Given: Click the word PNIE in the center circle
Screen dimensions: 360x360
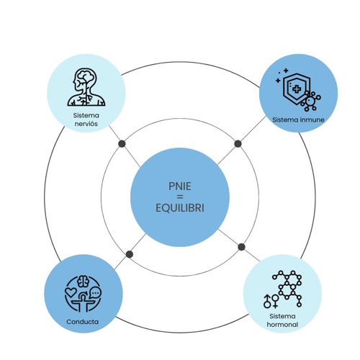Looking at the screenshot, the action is click(180, 186).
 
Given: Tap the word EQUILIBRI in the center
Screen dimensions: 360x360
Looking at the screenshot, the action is click(180, 208).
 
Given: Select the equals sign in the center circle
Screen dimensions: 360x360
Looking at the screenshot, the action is click(180, 197).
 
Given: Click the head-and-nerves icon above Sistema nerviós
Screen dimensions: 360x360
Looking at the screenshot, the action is click(86, 87).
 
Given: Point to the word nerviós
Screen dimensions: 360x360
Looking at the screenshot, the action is click(86, 124).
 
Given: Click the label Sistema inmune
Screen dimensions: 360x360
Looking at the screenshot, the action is click(298, 120).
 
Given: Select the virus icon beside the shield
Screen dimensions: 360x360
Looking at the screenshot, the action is click(310, 101).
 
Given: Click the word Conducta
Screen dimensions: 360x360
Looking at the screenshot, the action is click(82, 322).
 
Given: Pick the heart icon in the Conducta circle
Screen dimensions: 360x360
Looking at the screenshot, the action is click(71, 292).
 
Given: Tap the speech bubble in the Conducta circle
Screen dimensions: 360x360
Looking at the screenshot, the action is click(95, 292).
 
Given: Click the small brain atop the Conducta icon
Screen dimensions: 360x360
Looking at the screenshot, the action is click(83, 281).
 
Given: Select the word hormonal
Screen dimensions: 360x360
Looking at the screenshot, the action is click(282, 325).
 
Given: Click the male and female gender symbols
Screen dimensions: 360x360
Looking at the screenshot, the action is click(271, 302).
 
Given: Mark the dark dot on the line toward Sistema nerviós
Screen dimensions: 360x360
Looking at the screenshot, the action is click(122, 144).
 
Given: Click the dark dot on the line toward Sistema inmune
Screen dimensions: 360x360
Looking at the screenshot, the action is click(238, 144).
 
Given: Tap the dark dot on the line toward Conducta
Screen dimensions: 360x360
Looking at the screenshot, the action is click(130, 254).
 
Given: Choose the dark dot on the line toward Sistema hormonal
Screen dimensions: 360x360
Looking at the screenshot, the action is click(241, 247).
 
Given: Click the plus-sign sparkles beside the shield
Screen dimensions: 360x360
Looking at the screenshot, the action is click(282, 76).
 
